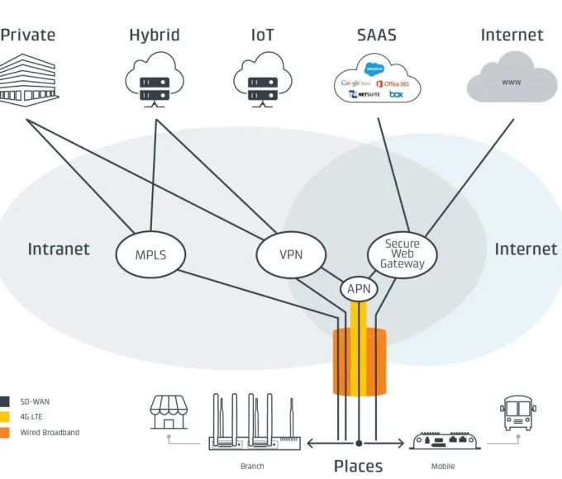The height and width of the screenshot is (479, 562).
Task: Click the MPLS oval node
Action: pos(150,254)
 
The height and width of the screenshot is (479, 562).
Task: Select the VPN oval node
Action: pos(291,254)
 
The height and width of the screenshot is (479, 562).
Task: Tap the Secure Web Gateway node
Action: pos(402,254)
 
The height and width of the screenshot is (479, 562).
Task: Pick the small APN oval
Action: pos(359,289)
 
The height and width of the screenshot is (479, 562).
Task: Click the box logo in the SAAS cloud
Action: pos(397,95)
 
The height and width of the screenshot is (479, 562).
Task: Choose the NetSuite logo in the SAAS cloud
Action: pos(364,96)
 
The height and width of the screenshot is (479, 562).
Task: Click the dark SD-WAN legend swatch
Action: pos(4,402)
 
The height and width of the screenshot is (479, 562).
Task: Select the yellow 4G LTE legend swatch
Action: pos(4,417)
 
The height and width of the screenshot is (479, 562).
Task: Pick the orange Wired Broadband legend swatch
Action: pos(4,432)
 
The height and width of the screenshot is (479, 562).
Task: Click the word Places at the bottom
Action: pos(358,466)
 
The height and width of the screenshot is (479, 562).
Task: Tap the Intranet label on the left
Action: pos(59,249)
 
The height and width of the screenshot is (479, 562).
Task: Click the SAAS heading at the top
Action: pos(376,35)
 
